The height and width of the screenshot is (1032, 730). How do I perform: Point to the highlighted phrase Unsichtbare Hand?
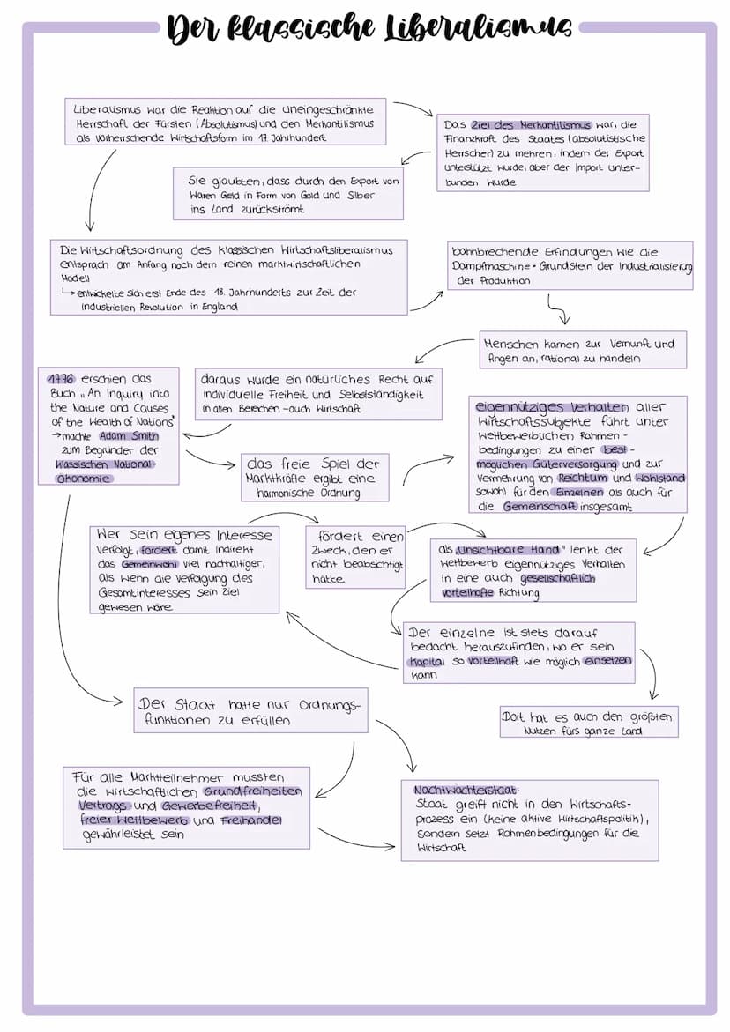pyautogui.click(x=509, y=549)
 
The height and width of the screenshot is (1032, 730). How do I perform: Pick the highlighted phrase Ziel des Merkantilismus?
pyautogui.click(x=530, y=125)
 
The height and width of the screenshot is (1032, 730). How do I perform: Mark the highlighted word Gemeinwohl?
pyautogui.click(x=147, y=563)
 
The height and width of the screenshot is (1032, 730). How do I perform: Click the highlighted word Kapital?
pyautogui.click(x=426, y=661)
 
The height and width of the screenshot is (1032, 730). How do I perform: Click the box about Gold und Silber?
pyautogui.click(x=288, y=194)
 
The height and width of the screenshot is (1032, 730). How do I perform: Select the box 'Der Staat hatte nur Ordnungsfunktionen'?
pyautogui.click(x=250, y=711)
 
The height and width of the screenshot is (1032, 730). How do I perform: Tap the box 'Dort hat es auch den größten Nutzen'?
pyautogui.click(x=588, y=723)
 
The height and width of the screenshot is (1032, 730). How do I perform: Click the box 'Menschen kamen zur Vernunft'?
pyautogui.click(x=583, y=350)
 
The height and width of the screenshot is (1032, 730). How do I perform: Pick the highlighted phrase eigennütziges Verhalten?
pyautogui.click(x=552, y=407)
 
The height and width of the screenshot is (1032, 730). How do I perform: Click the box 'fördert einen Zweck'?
pyautogui.click(x=355, y=557)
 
